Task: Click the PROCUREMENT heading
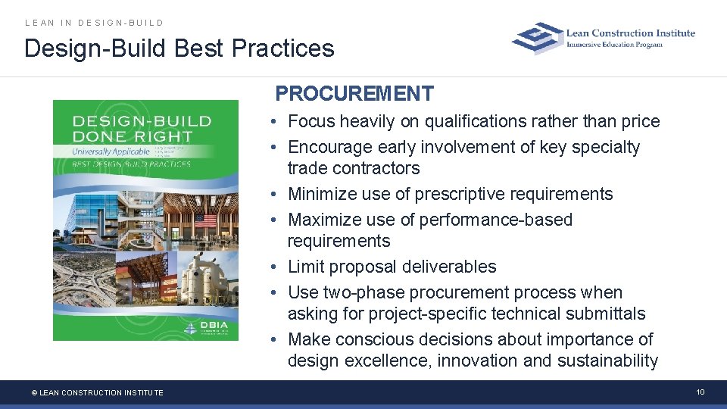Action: pyautogui.click(x=354, y=94)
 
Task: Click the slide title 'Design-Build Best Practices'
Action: pyautogui.click(x=179, y=48)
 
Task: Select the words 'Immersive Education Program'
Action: pyautogui.click(x=614, y=45)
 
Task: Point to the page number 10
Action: pyautogui.click(x=700, y=392)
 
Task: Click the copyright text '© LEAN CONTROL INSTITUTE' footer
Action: pyautogui.click(x=97, y=392)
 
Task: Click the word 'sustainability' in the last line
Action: pyautogui.click(x=607, y=361)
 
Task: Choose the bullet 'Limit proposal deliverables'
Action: pyautogui.click(x=392, y=267)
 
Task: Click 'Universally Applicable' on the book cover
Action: pyautogui.click(x=111, y=152)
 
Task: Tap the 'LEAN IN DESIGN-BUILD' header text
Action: pyautogui.click(x=94, y=23)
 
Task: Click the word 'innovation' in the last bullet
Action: pyautogui.click(x=477, y=361)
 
